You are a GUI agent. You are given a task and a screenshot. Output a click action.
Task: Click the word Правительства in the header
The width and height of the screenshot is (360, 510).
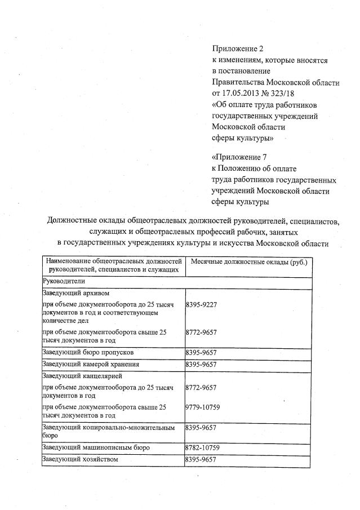239,82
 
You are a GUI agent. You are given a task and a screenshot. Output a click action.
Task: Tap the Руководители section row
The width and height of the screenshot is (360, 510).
63,280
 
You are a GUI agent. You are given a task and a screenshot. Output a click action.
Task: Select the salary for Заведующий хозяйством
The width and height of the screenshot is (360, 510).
201,460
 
